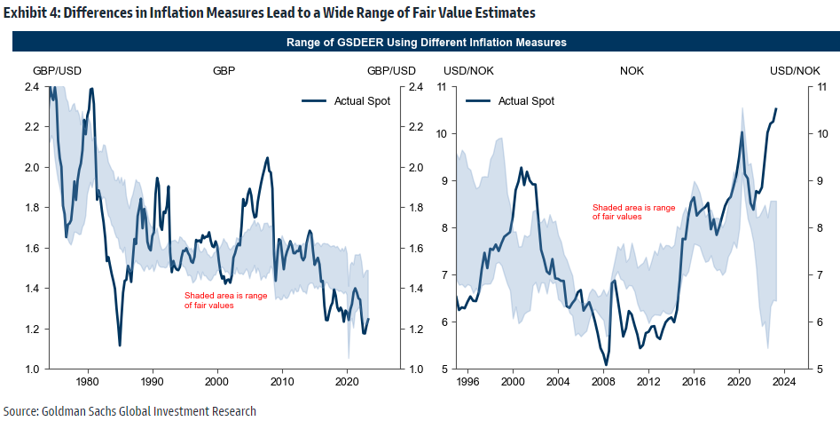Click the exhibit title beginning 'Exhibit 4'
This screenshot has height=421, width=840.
point(270,13)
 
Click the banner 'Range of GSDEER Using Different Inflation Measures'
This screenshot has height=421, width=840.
point(427,43)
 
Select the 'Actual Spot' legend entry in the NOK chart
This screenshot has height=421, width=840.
point(526,100)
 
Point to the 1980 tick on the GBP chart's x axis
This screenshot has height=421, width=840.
point(88,381)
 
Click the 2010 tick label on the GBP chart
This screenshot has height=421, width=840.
point(282,381)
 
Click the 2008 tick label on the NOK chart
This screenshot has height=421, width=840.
point(603,381)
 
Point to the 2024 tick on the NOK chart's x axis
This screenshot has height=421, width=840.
point(784,381)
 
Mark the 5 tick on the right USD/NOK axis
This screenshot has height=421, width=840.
point(820,369)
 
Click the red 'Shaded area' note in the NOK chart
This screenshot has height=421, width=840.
point(633,211)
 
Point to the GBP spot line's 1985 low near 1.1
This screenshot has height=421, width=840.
point(120,346)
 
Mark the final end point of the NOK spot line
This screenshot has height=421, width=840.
point(776,109)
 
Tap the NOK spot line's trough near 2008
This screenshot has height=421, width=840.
point(606,365)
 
